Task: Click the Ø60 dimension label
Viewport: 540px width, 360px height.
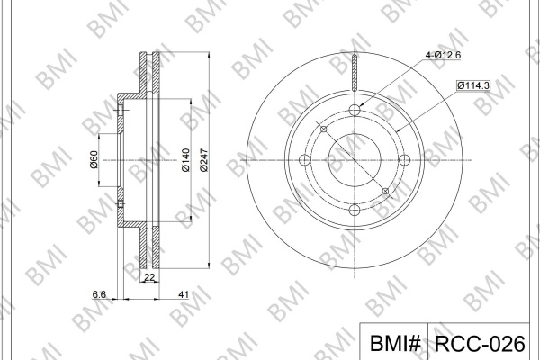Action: point(94,159)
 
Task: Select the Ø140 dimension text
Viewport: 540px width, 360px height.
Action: point(185,160)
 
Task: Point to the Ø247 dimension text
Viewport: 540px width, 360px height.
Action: point(204,160)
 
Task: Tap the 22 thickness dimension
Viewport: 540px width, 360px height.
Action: point(149,277)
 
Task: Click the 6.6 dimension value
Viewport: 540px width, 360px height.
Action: point(99,294)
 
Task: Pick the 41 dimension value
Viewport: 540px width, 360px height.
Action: point(184,294)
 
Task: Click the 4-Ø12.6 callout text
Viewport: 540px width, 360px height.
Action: point(443,55)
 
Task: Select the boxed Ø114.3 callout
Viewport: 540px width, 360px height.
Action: point(473,85)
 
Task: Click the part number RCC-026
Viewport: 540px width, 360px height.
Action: point(480,343)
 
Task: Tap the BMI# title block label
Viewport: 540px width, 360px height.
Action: point(395,343)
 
